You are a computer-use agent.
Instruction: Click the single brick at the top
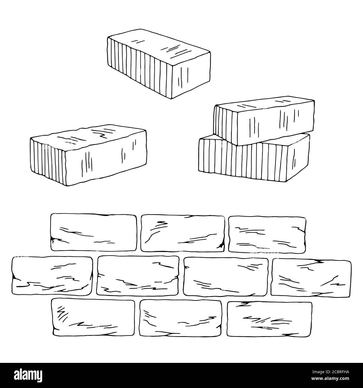(159, 64)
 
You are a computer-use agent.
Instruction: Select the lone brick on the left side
(88, 155)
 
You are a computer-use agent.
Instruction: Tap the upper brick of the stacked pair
(264, 121)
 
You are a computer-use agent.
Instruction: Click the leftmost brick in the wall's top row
(94, 232)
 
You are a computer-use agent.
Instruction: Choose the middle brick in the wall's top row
(183, 233)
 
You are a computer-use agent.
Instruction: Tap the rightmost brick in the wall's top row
(267, 234)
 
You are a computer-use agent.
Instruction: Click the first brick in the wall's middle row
(52, 276)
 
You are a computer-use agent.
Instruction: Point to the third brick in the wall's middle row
(226, 277)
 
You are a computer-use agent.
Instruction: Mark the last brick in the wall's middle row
(311, 278)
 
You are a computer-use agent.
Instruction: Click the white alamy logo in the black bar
(28, 375)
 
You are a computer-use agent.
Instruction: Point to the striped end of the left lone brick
(48, 161)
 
